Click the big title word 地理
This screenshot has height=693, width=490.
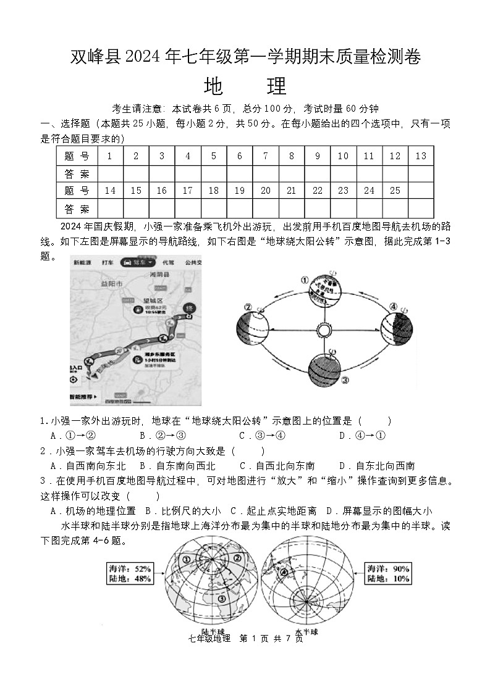[245, 86]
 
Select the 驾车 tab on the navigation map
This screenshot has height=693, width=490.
[138, 262]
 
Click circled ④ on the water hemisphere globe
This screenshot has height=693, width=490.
[285, 572]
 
